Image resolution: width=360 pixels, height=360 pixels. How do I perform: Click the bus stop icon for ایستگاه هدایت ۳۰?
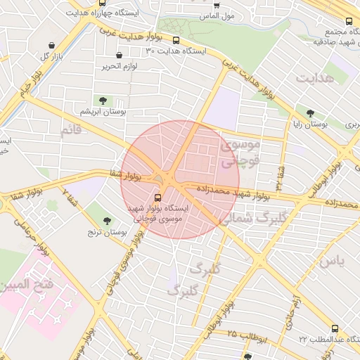point(176,40)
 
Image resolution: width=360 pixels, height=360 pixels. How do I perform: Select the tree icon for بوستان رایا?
point(310,112)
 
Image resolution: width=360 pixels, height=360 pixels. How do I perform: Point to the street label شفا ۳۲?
point(279,179)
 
